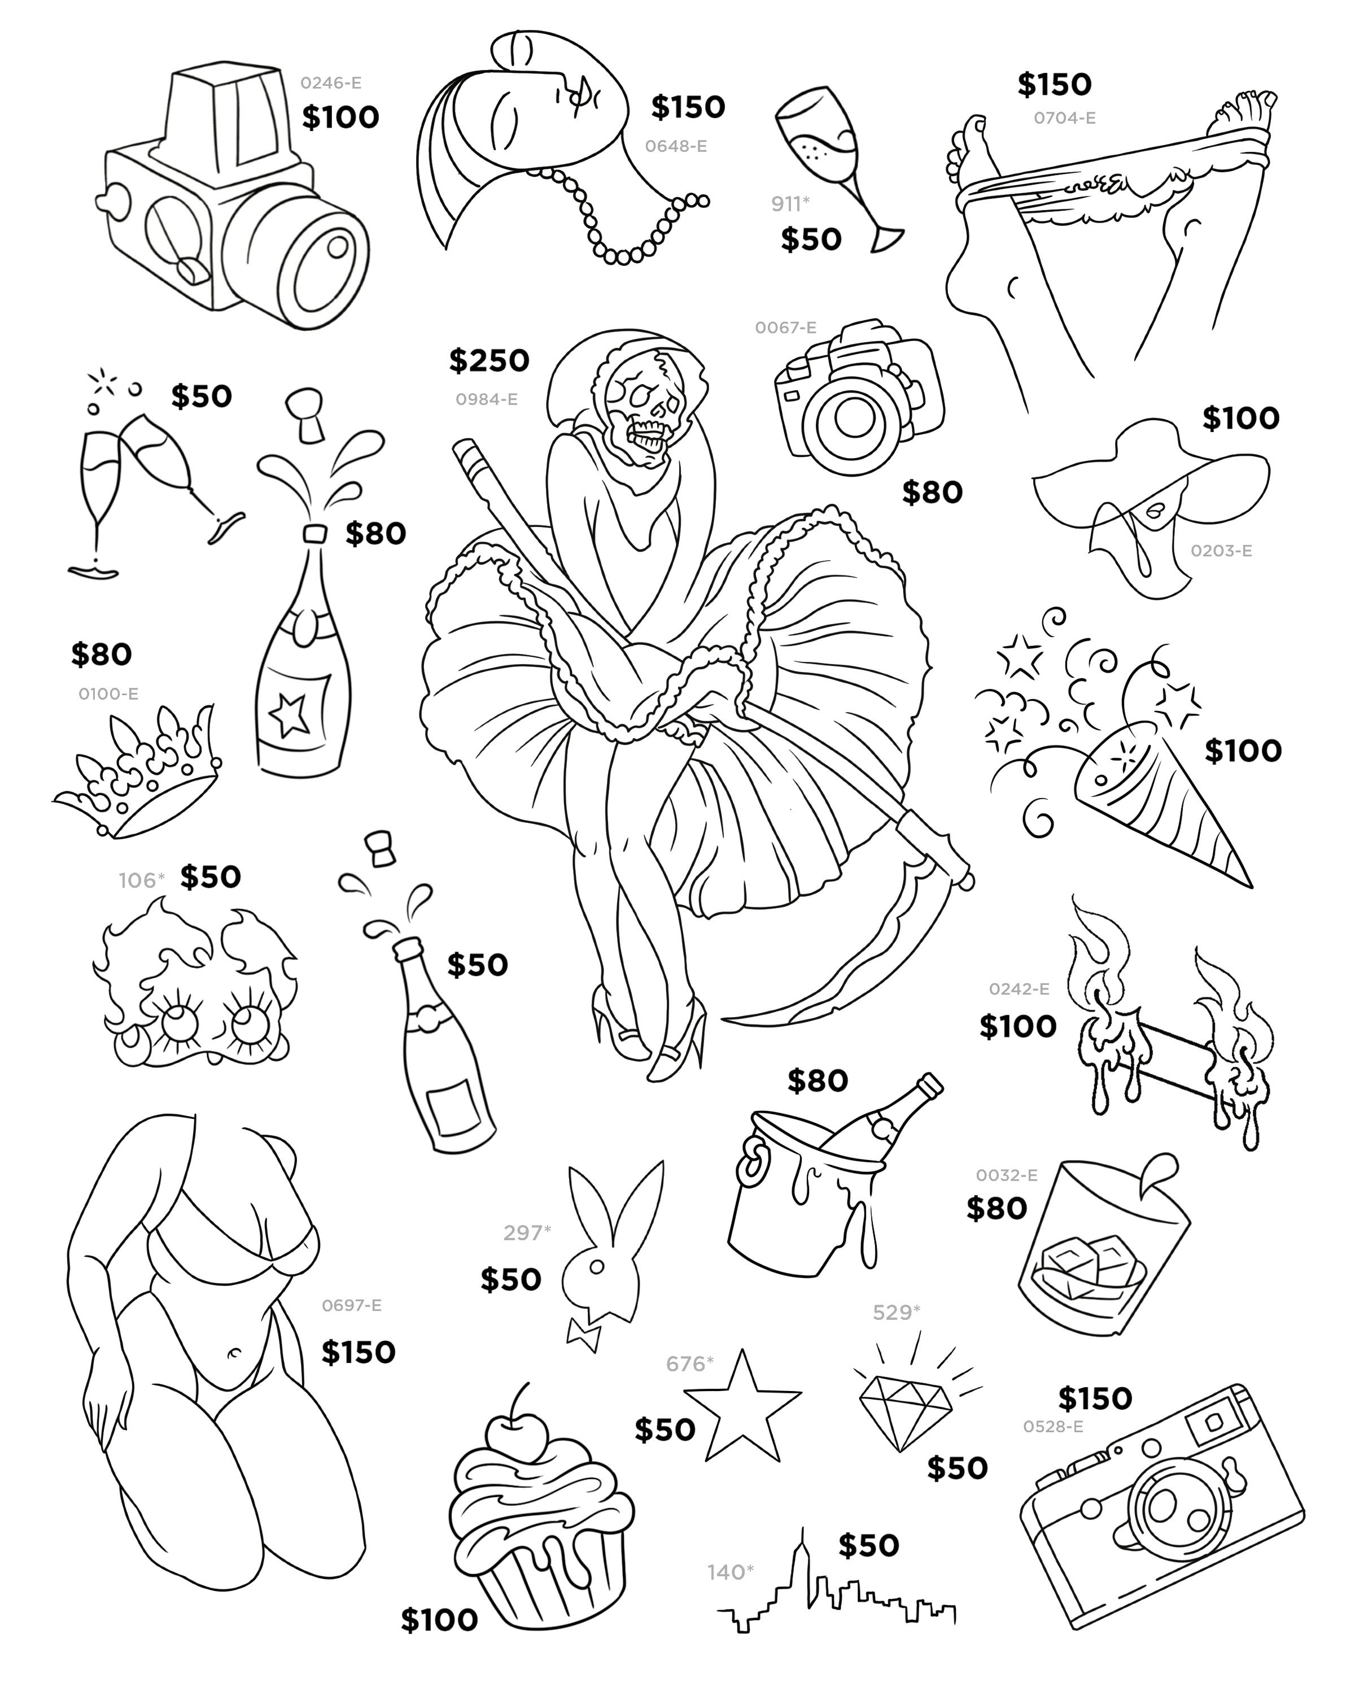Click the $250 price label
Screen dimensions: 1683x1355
tap(488, 361)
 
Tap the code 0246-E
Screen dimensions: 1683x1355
tap(331, 83)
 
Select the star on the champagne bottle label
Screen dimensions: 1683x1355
tap(290, 712)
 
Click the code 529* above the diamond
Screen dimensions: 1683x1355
tap(896, 1313)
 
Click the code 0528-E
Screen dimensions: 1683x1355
tap(1053, 1427)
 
